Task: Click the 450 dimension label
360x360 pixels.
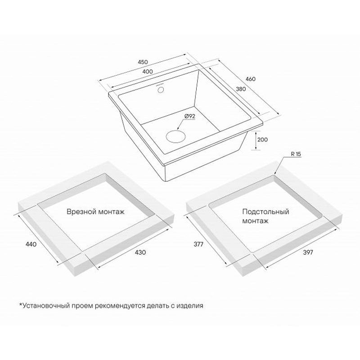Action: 143,62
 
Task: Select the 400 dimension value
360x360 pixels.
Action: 148,72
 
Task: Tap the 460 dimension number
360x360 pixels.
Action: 250,79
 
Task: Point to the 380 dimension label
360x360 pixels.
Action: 241,89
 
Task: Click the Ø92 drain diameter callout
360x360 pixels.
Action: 189,117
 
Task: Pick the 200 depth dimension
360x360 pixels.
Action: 262,139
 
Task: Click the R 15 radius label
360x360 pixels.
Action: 296,154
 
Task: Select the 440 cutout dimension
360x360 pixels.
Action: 31,244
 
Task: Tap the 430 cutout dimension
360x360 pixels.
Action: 140,252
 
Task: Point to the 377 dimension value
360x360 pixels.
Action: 198,244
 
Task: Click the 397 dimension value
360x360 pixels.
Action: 308,252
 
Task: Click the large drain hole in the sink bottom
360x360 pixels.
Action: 175,136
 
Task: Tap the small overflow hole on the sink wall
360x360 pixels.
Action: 161,89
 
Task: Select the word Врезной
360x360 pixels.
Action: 81,211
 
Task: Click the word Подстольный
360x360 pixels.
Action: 265,211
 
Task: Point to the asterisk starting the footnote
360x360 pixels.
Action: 20,305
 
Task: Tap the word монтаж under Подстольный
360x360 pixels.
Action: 256,221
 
